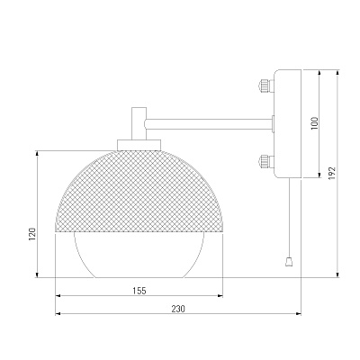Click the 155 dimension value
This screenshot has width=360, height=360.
139,291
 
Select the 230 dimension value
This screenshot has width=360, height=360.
178,309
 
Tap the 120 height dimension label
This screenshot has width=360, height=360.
32,234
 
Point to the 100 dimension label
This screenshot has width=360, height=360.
314,123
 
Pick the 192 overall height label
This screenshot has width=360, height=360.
332,174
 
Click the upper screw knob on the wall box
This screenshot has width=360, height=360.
265,85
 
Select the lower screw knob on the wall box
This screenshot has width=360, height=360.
265,161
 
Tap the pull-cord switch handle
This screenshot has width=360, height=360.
289,262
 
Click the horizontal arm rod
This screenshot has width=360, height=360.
208,124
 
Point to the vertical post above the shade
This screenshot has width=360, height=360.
139,123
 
